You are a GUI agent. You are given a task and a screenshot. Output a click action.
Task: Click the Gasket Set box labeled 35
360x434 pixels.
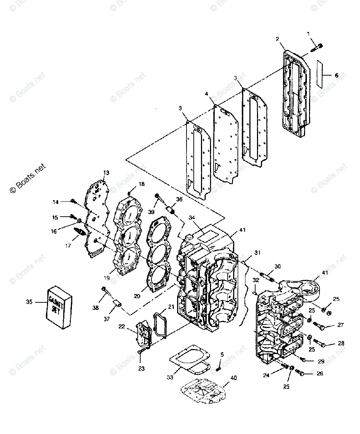[59, 307]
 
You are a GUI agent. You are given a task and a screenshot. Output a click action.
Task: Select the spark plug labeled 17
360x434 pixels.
[79, 231]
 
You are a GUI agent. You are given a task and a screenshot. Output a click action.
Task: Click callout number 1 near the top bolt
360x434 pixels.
[308, 34]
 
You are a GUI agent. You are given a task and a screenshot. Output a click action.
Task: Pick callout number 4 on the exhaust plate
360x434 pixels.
[206, 94]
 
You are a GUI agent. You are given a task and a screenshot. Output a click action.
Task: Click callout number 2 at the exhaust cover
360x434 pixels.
[277, 38]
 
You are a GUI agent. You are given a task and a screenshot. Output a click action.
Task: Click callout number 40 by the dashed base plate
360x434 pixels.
[234, 378]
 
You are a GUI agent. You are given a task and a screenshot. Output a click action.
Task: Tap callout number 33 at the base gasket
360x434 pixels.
[170, 377]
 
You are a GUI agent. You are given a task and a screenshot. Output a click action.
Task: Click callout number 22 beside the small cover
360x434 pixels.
[121, 326]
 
